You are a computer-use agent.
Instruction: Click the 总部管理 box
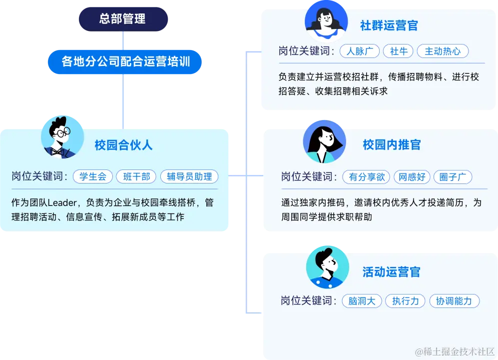click(122, 19)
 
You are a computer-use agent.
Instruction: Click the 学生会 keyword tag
click(92, 176)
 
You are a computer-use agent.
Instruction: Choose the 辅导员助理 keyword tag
click(189, 176)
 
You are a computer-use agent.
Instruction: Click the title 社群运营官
click(389, 26)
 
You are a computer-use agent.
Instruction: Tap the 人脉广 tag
click(359, 51)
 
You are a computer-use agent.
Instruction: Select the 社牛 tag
click(399, 51)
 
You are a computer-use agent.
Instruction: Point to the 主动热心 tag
click(443, 51)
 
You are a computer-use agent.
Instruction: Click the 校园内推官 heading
click(392, 145)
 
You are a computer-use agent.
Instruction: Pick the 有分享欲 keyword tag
click(367, 176)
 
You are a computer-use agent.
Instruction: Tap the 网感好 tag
click(413, 176)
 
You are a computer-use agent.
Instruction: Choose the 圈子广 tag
click(453, 176)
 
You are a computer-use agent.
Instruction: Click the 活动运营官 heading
click(392, 272)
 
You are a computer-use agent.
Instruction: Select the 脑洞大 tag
click(362, 301)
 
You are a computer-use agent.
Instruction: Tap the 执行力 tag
click(405, 301)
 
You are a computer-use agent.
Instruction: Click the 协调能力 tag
click(454, 301)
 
